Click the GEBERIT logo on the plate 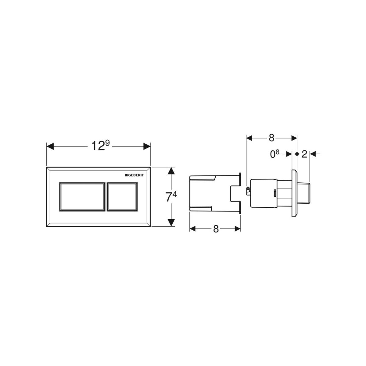[134, 175]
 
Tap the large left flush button [82, 197]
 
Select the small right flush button [122, 197]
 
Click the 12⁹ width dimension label [100, 146]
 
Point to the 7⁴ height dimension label [171, 196]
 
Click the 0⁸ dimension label [274, 154]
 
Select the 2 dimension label [304, 154]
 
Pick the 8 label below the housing [216, 229]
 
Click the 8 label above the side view [272, 138]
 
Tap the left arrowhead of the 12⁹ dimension [50, 146]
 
